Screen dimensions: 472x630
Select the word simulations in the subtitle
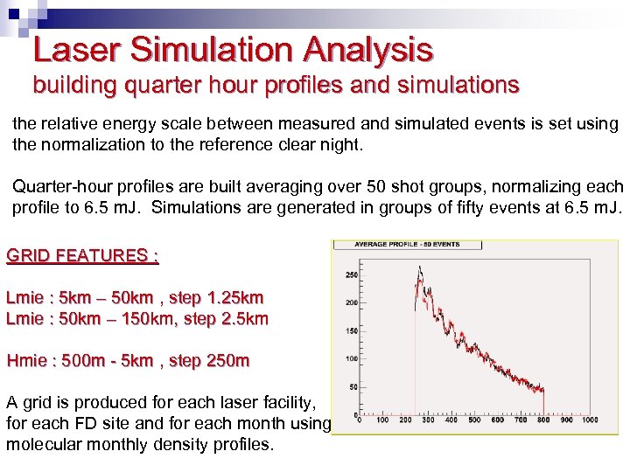coord(456,86)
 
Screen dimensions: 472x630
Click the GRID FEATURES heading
coord(82,256)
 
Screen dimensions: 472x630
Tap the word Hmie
coord(26,360)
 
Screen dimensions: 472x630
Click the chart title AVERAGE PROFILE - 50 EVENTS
coord(407,244)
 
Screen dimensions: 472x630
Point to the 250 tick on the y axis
coord(352,274)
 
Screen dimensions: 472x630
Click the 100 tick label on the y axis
coord(352,358)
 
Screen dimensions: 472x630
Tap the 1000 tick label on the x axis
coord(590,420)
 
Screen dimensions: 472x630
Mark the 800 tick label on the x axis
coord(543,420)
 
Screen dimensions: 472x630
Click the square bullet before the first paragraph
coord(4,123)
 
